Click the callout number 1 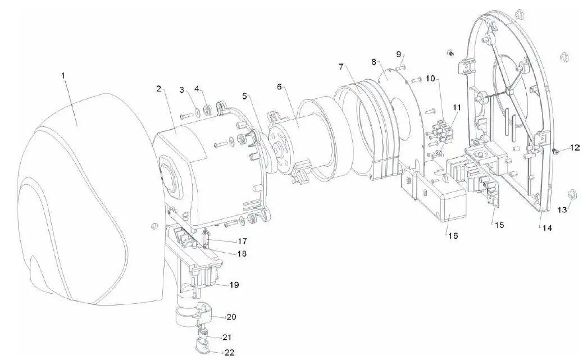coord(63,75)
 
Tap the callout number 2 coord(159,89)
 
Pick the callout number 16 coord(453,236)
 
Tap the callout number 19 coord(234,285)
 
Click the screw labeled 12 coord(554,150)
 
